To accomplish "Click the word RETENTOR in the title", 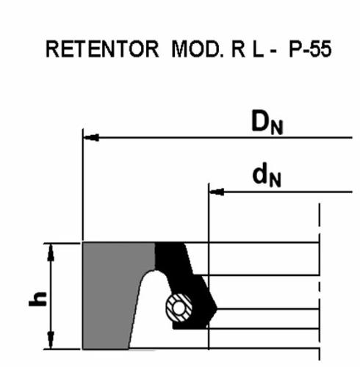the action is [102, 49].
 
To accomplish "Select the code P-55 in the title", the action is [310, 49].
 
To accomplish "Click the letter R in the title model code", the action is [238, 49].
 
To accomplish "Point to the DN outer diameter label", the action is [267, 123].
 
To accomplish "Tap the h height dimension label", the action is [37, 299].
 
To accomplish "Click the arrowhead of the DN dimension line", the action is [91, 137].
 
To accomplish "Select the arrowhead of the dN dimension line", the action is [217, 192].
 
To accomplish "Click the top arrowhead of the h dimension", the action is [51, 252].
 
